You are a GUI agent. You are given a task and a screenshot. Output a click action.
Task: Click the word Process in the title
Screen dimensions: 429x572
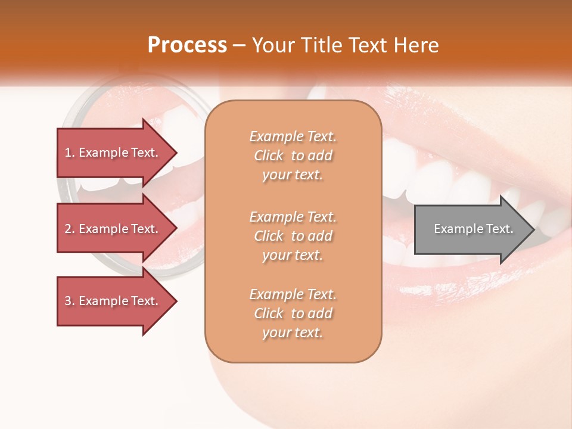tap(187, 45)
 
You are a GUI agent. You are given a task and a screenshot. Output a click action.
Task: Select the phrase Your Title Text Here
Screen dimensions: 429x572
tap(345, 45)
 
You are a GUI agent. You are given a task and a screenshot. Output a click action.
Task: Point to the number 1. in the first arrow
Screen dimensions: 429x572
tap(70, 153)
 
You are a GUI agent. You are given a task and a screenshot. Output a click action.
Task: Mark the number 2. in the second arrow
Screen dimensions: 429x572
tap(70, 229)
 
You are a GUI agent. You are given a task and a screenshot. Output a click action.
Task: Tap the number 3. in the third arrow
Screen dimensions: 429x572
tap(70, 301)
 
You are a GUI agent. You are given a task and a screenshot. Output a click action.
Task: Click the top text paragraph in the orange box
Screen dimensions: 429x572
tap(293, 156)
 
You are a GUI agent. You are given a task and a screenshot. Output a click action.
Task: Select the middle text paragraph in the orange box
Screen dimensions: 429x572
tap(293, 235)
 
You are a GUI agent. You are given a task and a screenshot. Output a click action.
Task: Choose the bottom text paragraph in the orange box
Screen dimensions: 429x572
tap(293, 313)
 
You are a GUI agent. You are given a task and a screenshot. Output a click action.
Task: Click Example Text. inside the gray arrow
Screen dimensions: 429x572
tap(474, 229)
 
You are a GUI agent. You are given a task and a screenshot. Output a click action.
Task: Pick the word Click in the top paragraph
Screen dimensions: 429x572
tap(269, 156)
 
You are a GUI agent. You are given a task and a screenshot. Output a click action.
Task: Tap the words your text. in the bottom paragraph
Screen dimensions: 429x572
tap(293, 332)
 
